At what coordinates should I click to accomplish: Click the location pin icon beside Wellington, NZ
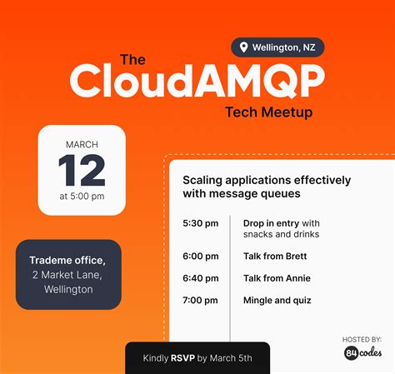[244, 47]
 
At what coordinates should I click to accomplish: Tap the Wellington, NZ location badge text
[283, 47]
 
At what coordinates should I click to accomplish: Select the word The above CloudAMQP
[133, 59]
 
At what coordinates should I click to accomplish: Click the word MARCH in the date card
[82, 144]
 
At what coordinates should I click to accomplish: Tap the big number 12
[82, 171]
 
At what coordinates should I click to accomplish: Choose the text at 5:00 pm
[82, 197]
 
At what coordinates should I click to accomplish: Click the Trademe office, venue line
[67, 260]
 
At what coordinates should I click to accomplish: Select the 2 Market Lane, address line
[67, 275]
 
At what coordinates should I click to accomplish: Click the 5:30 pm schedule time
[200, 223]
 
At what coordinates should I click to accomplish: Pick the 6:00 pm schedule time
[200, 256]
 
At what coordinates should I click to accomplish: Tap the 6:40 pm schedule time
[200, 278]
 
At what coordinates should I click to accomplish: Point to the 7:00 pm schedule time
[200, 300]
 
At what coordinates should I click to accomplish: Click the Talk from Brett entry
[275, 256]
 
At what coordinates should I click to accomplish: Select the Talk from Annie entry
[276, 278]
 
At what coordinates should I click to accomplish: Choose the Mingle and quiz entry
[277, 300]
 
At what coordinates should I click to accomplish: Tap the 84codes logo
[362, 353]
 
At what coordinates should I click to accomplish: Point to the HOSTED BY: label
[362, 339]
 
